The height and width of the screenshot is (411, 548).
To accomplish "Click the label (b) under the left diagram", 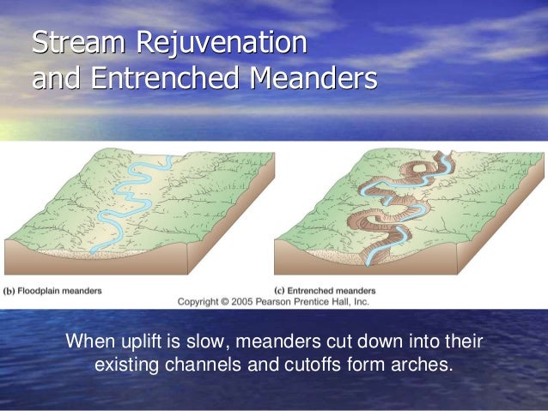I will click(x=10, y=290).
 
